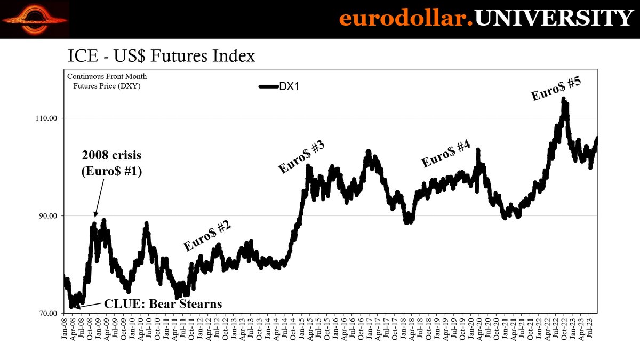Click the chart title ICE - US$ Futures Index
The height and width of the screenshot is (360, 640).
(x=161, y=57)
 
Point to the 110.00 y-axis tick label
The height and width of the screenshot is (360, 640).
(x=46, y=118)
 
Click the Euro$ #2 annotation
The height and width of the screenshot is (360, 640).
(x=207, y=235)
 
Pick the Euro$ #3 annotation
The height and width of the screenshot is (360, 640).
(x=302, y=156)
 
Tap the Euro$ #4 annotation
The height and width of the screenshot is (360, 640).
(x=446, y=154)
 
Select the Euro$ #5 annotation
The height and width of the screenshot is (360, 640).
(x=556, y=89)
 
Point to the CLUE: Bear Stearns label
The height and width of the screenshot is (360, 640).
(x=163, y=304)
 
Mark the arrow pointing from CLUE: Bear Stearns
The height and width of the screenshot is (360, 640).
(x=88, y=306)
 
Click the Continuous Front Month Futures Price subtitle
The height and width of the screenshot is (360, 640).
(x=107, y=81)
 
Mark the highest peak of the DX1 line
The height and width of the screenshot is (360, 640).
(x=563, y=99)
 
